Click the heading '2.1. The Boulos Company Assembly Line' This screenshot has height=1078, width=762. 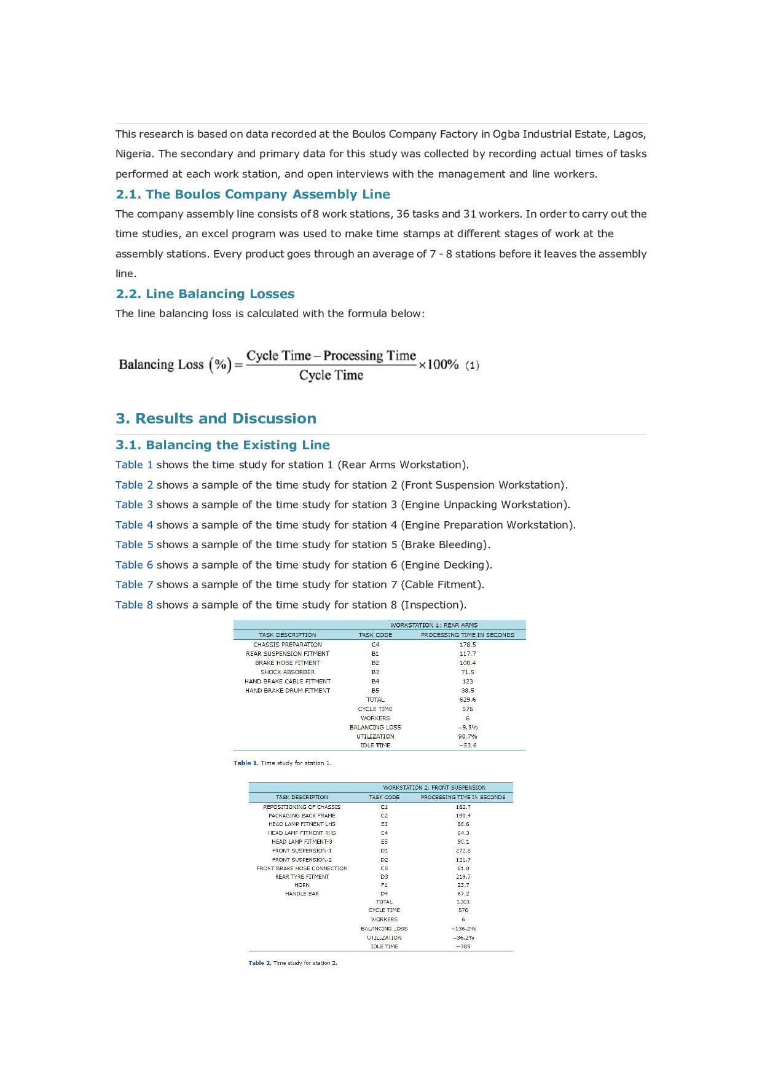253,194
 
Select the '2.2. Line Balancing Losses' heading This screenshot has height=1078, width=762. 205,294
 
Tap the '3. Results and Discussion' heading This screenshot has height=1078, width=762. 216,419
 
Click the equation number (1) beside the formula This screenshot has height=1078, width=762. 472,365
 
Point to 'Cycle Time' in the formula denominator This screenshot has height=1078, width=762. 331,376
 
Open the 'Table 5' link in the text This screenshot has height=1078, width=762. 134,545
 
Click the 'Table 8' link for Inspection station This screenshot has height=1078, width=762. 134,605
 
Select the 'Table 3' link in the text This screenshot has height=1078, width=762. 134,505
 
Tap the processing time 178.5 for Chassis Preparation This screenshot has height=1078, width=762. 468,645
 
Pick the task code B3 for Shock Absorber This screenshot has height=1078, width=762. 375,672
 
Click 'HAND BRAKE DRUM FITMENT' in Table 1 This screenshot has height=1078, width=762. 288,691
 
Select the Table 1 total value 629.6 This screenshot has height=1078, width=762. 468,700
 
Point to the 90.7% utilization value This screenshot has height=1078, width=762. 468,736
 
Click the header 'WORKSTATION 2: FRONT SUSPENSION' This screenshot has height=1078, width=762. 434,787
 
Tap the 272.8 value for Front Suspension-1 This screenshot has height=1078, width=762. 463,851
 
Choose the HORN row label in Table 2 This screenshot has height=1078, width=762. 302,885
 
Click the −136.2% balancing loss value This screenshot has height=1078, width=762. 463,929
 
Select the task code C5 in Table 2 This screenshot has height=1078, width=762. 384,868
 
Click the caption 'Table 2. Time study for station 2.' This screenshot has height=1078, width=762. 293,963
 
